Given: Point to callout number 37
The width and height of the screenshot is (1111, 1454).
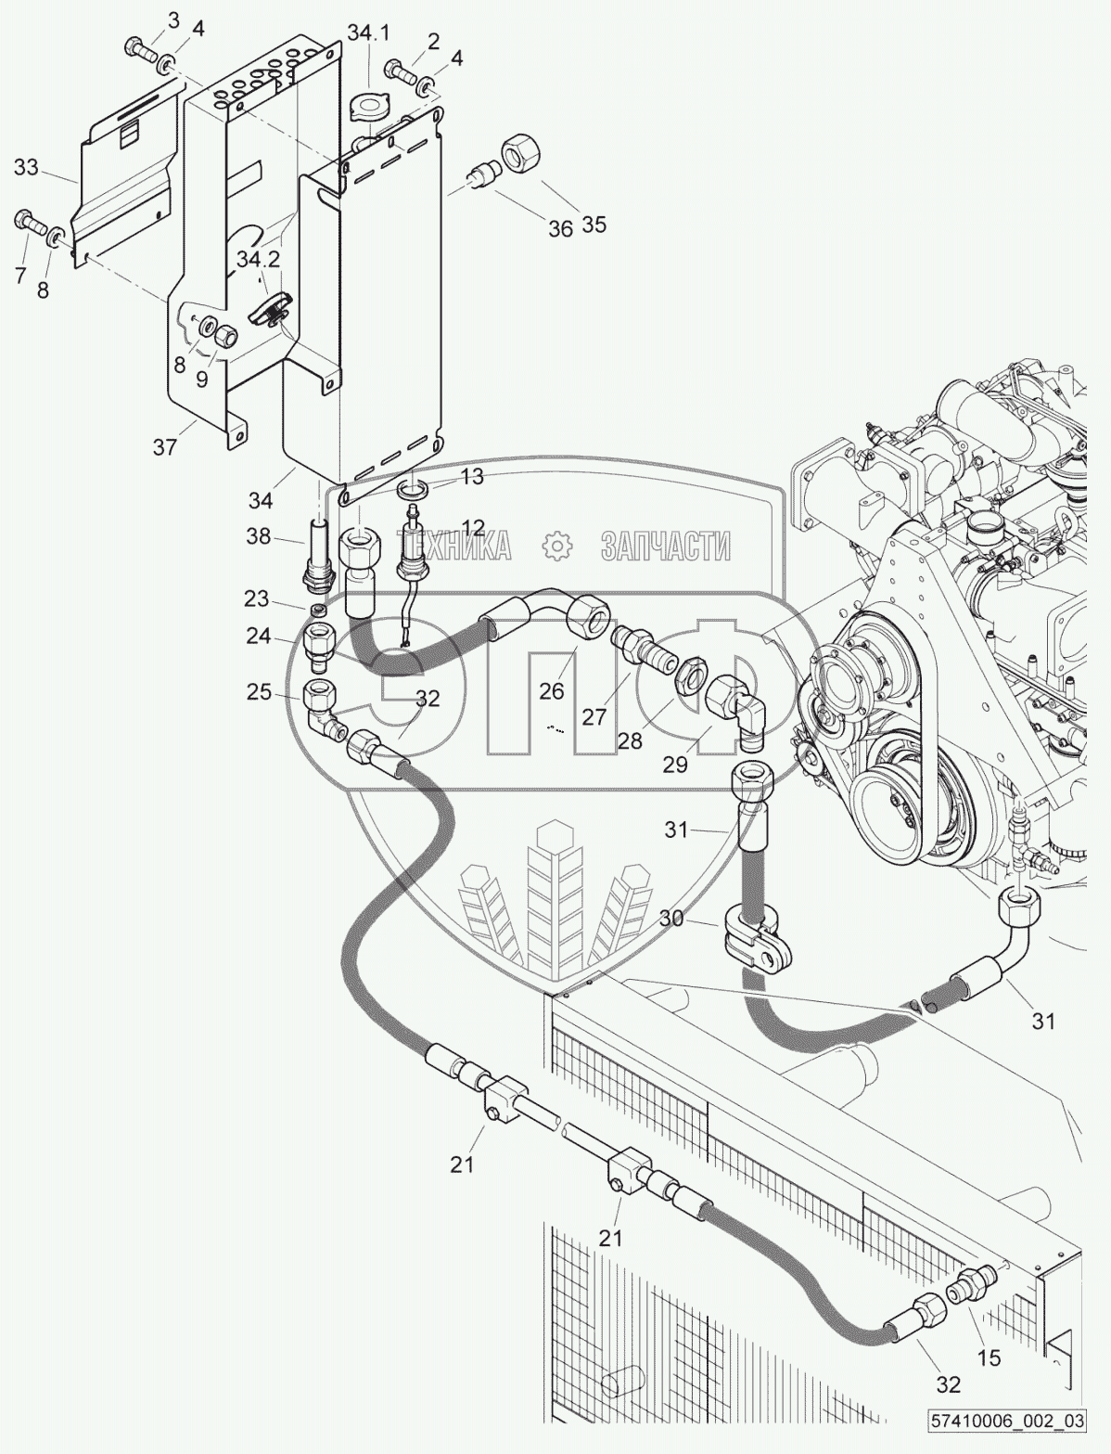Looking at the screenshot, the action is pyautogui.click(x=165, y=448).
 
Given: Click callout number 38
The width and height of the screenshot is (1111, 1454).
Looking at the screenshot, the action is pyautogui.click(x=258, y=536).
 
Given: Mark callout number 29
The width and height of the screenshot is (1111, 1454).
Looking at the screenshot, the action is pyautogui.click(x=675, y=765).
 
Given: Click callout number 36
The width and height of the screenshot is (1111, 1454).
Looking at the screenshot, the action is pyautogui.click(x=560, y=228).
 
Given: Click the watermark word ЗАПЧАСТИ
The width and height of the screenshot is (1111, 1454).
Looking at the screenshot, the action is pyautogui.click(x=666, y=547).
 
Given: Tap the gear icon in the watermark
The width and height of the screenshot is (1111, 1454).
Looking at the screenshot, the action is pyautogui.click(x=556, y=547).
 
